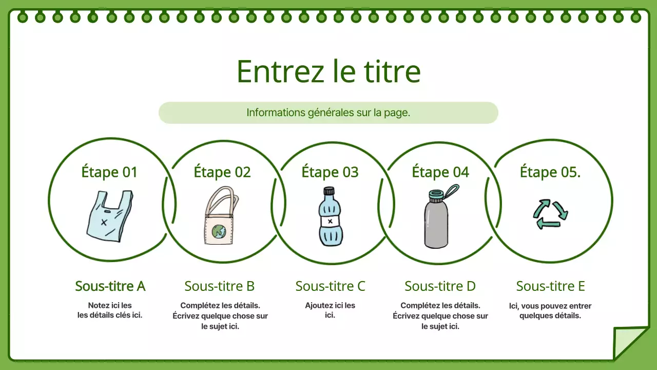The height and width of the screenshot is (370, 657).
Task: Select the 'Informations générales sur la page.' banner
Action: coord(328,113)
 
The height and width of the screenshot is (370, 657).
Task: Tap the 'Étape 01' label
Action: coord(109,172)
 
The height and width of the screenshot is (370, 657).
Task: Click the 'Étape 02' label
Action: coord(222,172)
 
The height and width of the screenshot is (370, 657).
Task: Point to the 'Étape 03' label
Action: coord(330,172)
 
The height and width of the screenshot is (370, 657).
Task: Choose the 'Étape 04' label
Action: coord(440,172)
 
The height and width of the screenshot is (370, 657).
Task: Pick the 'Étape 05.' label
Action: coord(550,172)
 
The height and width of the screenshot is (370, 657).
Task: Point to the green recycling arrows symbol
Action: coord(550,214)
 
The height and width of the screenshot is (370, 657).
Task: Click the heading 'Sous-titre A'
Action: coord(110,286)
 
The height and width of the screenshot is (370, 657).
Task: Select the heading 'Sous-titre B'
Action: coord(220,286)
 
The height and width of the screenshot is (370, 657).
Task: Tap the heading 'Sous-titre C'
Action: coord(330,286)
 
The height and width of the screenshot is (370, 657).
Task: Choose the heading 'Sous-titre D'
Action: coord(440,286)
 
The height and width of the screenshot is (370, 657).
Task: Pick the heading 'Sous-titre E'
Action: coord(550,286)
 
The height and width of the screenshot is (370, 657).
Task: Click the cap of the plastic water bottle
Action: coord(328,191)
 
